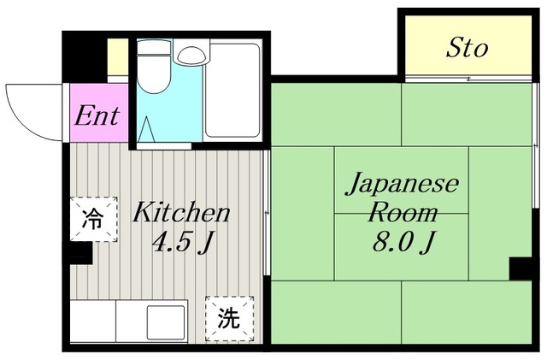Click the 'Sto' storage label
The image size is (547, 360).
pyautogui.click(x=467, y=48)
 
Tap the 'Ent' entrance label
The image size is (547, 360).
pyautogui.click(x=97, y=115)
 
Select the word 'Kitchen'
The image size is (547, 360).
pyautogui.click(x=181, y=212)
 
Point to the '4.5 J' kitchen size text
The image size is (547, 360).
pyautogui.click(x=183, y=242)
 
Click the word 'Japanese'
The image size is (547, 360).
pyautogui.click(x=402, y=185)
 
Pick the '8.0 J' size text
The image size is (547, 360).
pyautogui.click(x=403, y=242)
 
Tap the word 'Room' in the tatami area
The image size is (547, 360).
pyautogui.click(x=403, y=212)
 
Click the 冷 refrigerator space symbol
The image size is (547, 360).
pyautogui.click(x=93, y=219)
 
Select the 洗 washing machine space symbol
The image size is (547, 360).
pyautogui.click(x=229, y=318)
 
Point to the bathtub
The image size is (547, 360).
pyautogui.click(x=232, y=91)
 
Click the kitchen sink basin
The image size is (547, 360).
pyautogui.click(x=166, y=322)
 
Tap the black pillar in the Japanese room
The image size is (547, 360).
pyautogui.click(x=521, y=269)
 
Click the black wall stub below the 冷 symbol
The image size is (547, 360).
pyautogui.click(x=81, y=253)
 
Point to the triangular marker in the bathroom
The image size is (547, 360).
pyautogui.click(x=146, y=129)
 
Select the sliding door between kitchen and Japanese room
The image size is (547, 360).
pyautogui.click(x=267, y=213)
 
